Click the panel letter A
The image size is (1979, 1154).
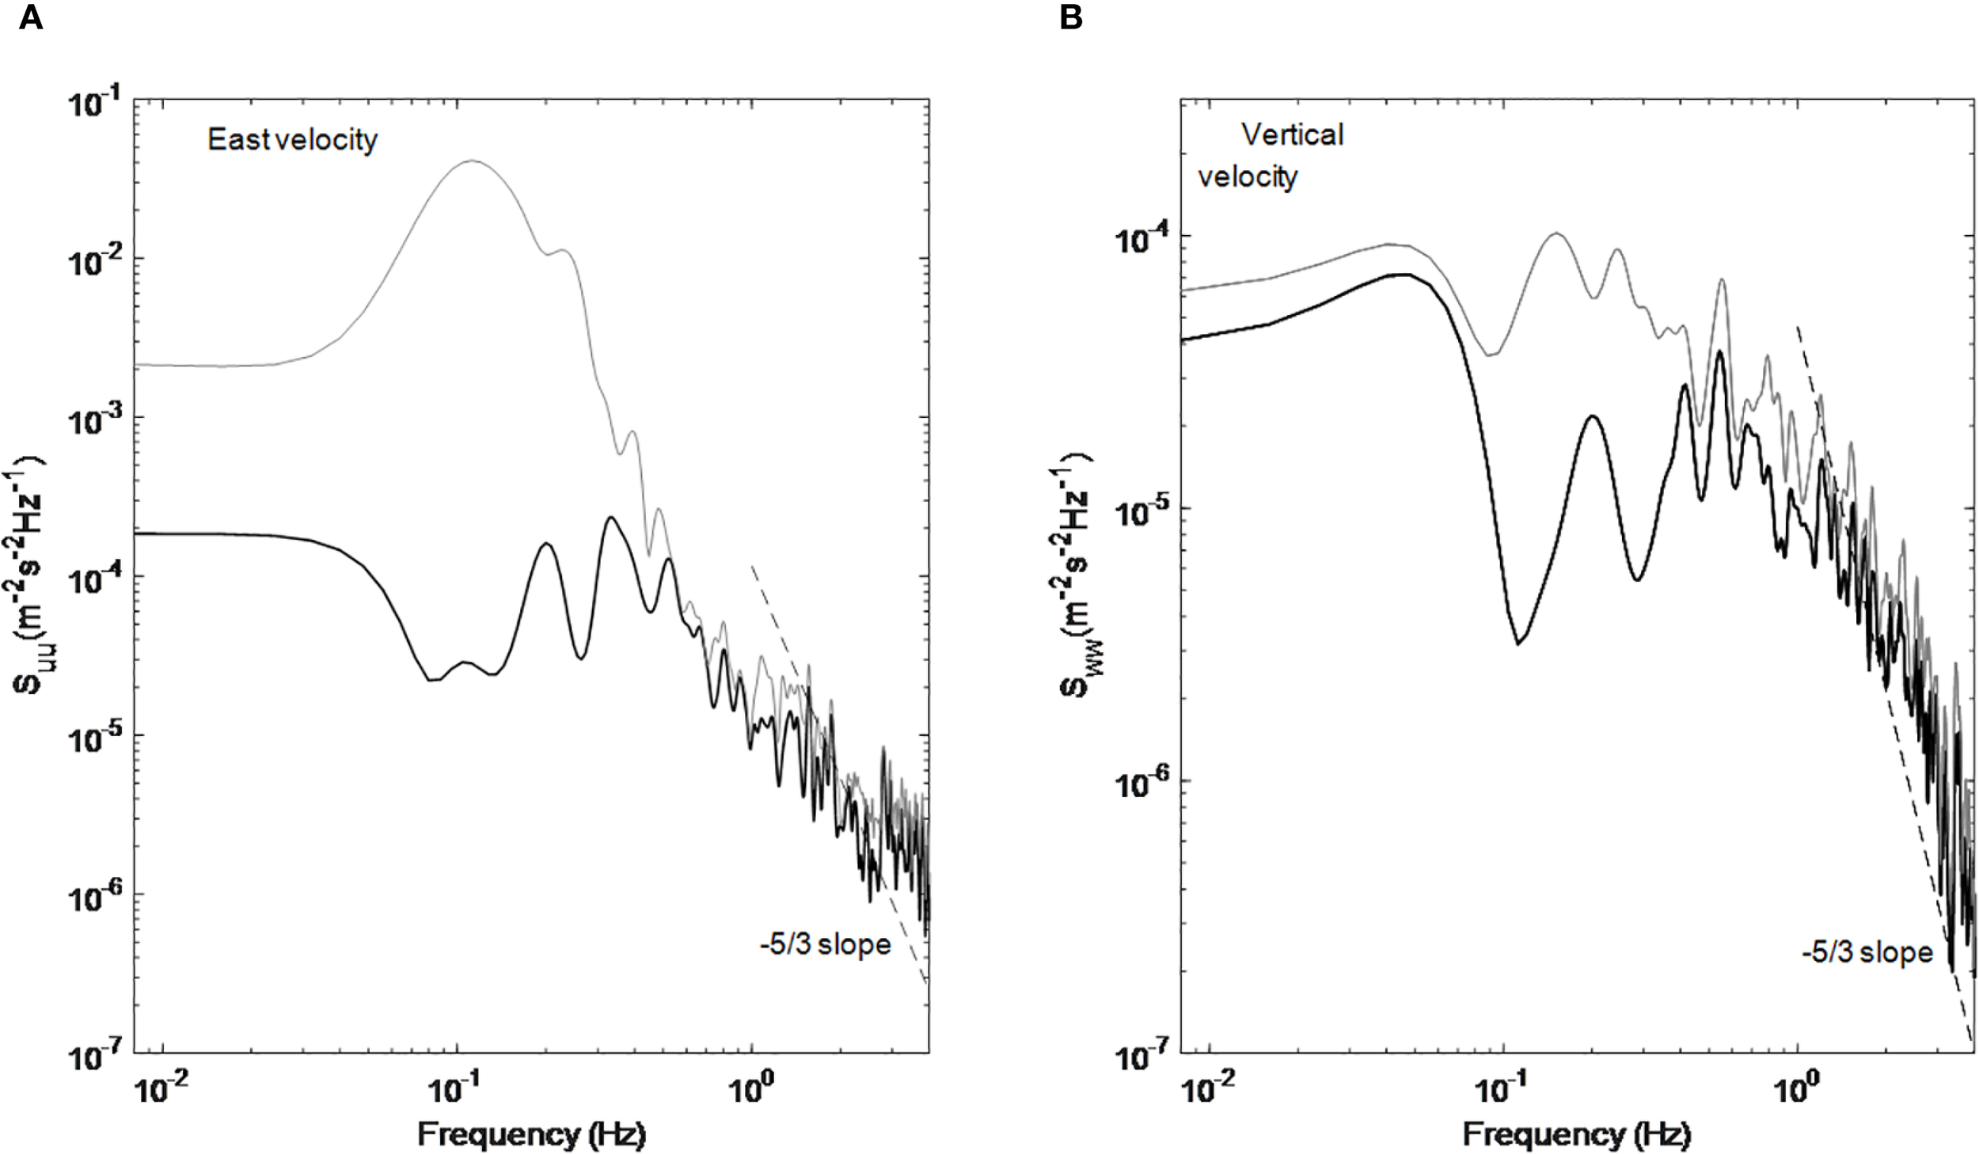[30, 17]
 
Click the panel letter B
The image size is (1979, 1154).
[1070, 17]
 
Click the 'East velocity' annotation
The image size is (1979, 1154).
[292, 140]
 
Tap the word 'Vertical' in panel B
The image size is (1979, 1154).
[1292, 135]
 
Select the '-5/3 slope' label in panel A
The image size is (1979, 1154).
[825, 944]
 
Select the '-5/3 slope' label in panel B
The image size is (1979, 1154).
[1867, 952]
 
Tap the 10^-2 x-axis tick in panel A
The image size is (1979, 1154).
[161, 1091]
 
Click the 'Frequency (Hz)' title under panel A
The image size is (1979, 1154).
[531, 1134]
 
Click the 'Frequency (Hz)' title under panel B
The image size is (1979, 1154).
[1576, 1134]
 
